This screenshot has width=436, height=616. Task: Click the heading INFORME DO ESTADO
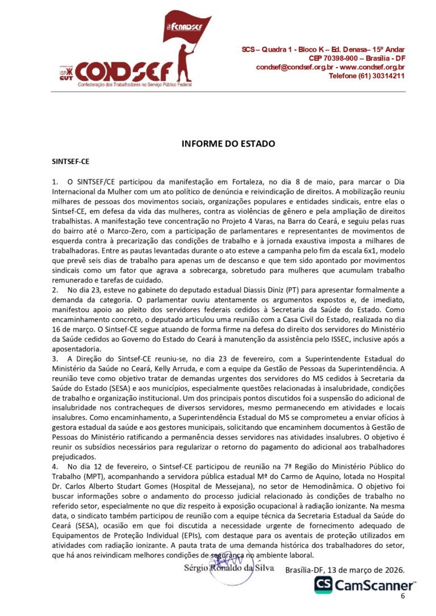(x=228, y=144)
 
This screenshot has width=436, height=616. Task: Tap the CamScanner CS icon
(x=324, y=585)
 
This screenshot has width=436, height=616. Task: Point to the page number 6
(x=403, y=596)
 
